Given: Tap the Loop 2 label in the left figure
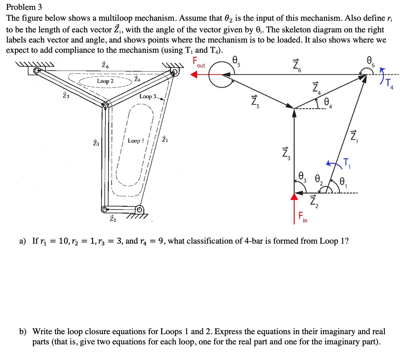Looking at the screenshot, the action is coord(105,81).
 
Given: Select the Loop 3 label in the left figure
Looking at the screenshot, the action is coord(148,96).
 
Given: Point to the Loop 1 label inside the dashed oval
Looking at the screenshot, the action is coord(136,141).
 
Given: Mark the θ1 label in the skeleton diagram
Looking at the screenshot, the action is coord(343,181).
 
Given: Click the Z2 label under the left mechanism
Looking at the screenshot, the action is coord(113,218).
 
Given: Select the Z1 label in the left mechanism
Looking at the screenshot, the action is coord(165,139).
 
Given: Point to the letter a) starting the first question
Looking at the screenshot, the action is coord(23,241).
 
